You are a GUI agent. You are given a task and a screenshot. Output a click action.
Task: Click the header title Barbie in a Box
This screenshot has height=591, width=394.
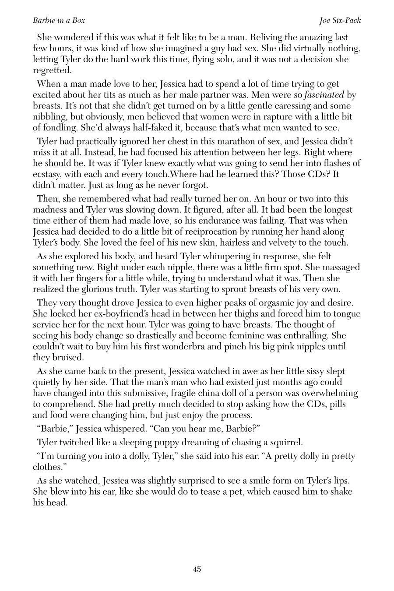(59, 21)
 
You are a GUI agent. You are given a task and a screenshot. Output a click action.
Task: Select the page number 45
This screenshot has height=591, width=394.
(197, 569)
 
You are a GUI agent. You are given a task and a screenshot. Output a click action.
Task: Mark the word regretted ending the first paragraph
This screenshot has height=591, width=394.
(52, 70)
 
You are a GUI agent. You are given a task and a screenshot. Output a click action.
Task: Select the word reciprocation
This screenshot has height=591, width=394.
(239, 232)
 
